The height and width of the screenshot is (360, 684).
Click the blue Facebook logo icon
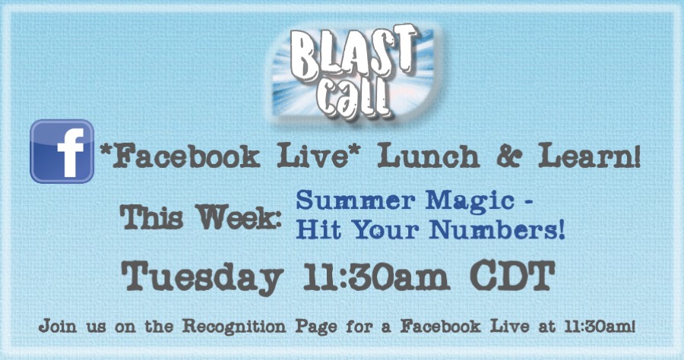tap(62, 151)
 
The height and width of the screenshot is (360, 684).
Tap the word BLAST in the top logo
tap(353, 52)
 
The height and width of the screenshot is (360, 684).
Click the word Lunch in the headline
tap(429, 156)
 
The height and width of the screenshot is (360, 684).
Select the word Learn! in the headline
tap(589, 156)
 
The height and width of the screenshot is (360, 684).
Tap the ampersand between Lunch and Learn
tap(508, 156)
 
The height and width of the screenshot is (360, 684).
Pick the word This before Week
tap(151, 217)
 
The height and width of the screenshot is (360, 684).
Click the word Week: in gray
tap(239, 217)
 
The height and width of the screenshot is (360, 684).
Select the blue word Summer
tap(356, 201)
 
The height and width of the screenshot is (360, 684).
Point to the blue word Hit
tap(318, 229)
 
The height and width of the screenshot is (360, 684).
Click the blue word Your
tap(385, 231)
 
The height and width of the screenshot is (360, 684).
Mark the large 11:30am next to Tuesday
tap(376, 276)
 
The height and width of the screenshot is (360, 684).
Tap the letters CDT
tap(512, 276)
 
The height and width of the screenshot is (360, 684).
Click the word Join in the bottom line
tap(58, 326)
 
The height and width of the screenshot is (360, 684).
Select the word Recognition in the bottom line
tap(234, 327)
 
